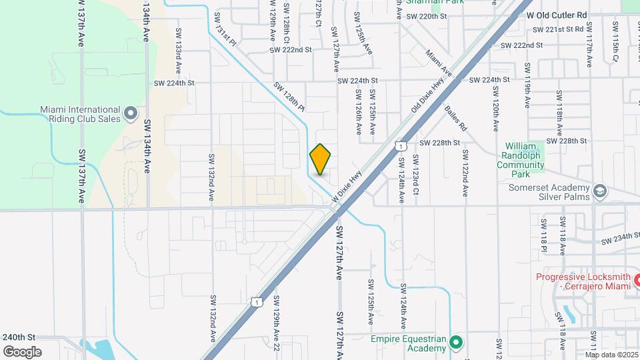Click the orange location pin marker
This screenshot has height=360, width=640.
[321, 159]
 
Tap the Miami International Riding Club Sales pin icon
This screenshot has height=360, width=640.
[130, 114]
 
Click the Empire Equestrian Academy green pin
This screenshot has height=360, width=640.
[456, 343]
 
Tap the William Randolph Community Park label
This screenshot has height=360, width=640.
[525, 159]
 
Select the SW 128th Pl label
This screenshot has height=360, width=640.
[289, 97]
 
